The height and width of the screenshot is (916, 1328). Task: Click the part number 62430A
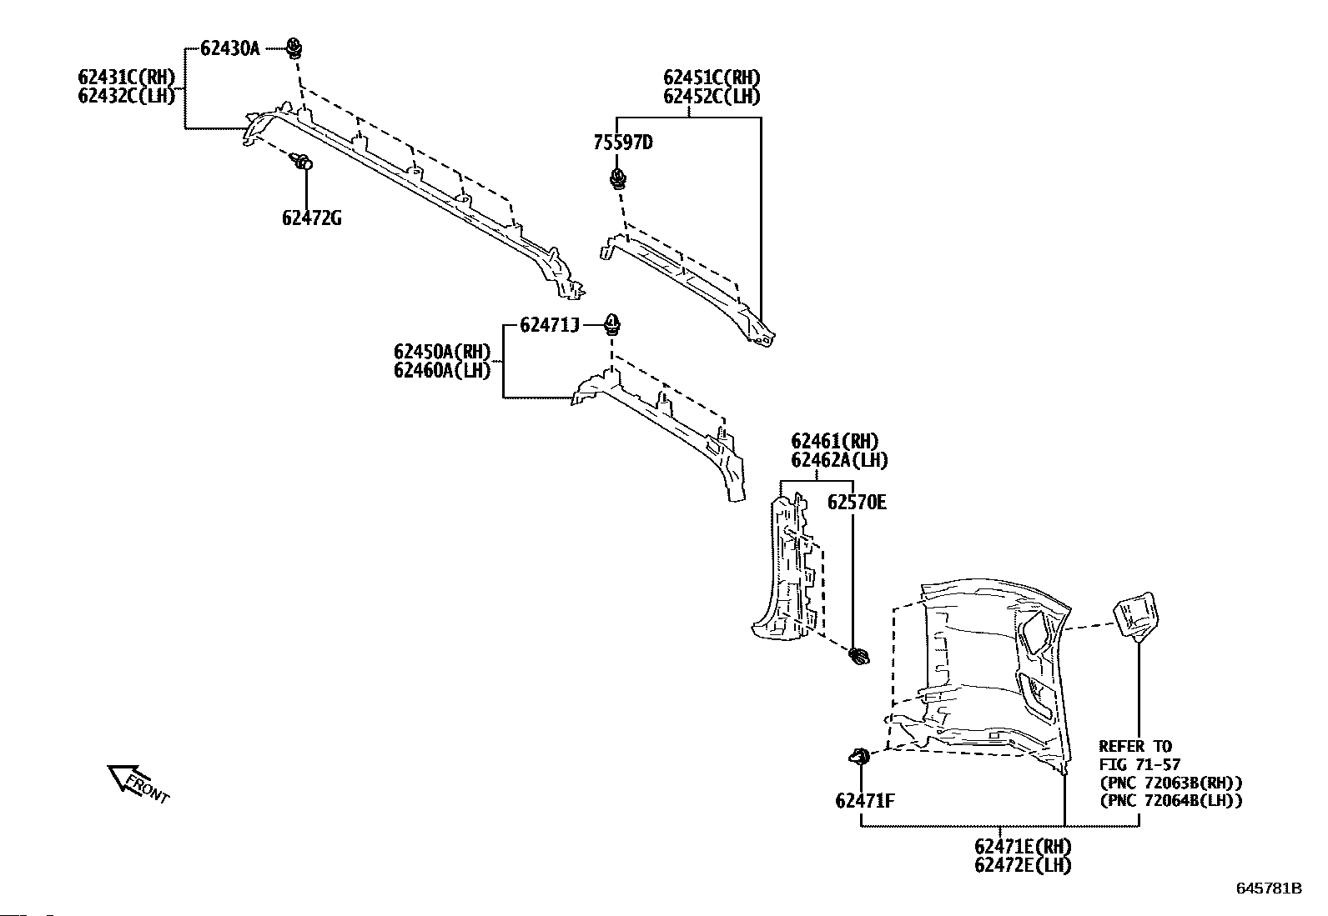coord(229,48)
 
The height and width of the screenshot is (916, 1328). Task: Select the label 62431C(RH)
coord(126,78)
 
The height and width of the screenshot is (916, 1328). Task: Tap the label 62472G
coord(311,219)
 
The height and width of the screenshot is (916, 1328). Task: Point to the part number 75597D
coord(622,143)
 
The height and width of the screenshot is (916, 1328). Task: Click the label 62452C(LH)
coord(712,96)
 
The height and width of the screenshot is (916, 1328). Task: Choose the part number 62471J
coord(549,325)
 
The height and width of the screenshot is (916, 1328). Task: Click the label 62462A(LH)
coord(839,459)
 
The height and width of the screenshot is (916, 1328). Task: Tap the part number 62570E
coord(857,502)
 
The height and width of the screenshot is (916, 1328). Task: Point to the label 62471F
coord(864,801)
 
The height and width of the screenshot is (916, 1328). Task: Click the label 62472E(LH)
coord(1022,864)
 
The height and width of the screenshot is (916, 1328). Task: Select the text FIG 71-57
coord(1139,764)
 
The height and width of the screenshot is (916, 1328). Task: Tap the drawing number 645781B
coord(1268,888)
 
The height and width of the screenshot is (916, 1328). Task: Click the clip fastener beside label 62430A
coord(294,48)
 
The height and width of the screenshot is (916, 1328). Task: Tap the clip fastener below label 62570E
coord(858,657)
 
